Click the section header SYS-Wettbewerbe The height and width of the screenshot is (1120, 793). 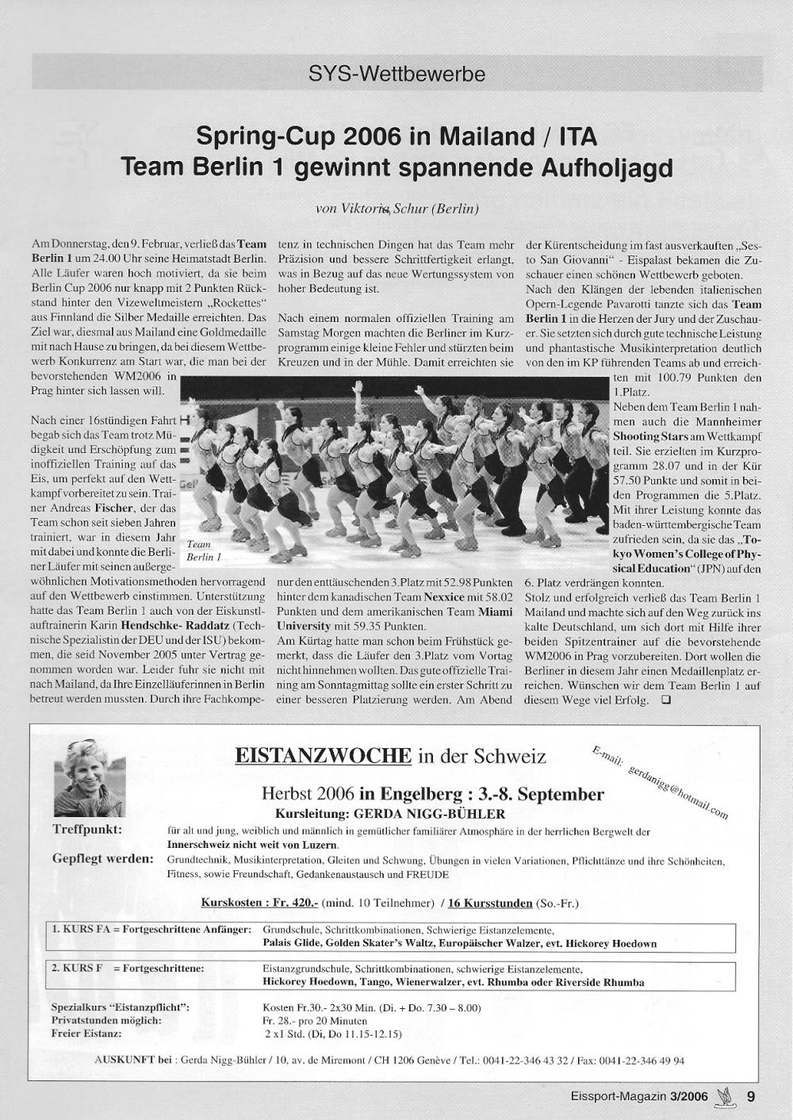point(396,75)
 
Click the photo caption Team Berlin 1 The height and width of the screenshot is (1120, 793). point(202,550)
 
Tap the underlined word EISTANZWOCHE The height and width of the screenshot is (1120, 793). point(323,754)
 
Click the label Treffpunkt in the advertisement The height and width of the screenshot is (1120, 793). point(87,829)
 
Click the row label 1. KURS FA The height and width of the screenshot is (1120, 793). point(82,929)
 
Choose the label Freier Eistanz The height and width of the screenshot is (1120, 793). point(86,1034)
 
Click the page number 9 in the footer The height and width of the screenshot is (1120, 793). point(751,1097)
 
